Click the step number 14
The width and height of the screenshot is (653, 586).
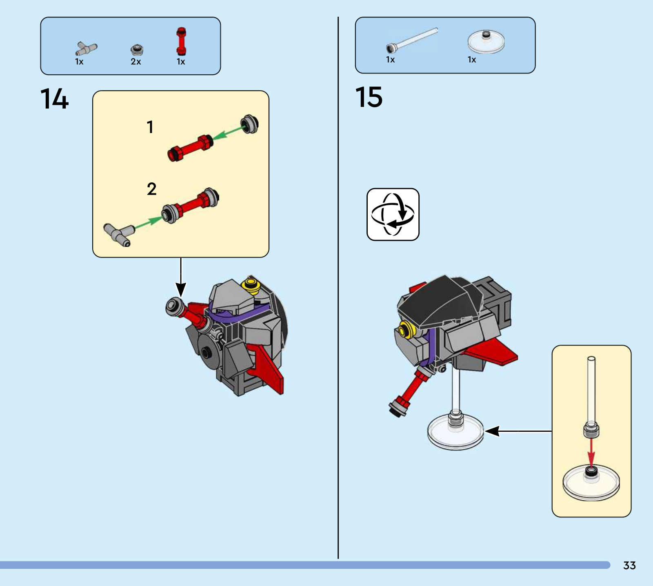pyautogui.click(x=54, y=99)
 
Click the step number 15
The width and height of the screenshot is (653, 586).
pyautogui.click(x=369, y=97)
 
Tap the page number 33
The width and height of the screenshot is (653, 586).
pyautogui.click(x=629, y=565)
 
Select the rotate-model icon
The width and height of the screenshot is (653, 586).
pyautogui.click(x=393, y=214)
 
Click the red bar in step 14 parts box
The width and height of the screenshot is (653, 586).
pyautogui.click(x=181, y=41)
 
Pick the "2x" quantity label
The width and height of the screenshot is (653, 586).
pyautogui.click(x=136, y=62)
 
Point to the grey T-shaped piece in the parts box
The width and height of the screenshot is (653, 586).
pyautogui.click(x=86, y=49)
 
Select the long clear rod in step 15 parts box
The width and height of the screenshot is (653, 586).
pyautogui.click(x=412, y=40)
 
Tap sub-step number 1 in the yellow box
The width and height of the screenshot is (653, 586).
pyautogui.click(x=150, y=127)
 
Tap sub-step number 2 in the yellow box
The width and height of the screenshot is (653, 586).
pyautogui.click(x=151, y=189)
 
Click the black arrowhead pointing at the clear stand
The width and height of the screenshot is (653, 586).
pyautogui.click(x=493, y=431)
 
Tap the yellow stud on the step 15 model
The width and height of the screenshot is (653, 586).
pyautogui.click(x=406, y=329)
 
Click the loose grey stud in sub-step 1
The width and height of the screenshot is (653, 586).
pyautogui.click(x=249, y=123)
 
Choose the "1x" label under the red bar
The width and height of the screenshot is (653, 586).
pyautogui.click(x=181, y=62)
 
